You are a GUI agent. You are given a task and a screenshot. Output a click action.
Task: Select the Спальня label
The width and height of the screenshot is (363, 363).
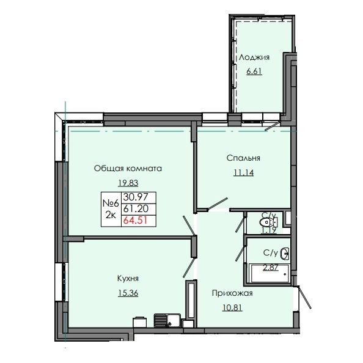[244, 158]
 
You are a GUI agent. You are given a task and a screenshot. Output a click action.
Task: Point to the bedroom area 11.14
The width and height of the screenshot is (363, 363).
[243, 172]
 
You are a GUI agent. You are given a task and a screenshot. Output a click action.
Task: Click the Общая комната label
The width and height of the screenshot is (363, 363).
[128, 167]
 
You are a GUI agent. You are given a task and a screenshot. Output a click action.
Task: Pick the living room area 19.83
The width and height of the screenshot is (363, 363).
[127, 182]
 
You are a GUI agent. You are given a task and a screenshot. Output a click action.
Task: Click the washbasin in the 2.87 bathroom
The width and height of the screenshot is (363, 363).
[284, 252]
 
